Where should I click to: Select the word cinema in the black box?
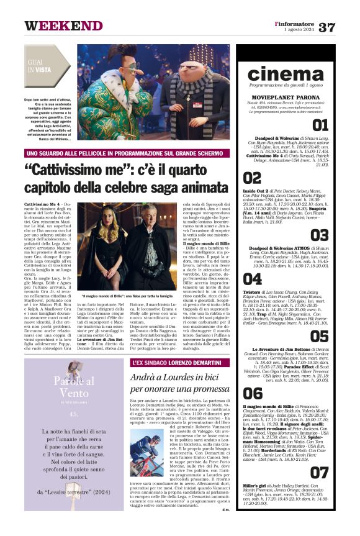coord(285,74)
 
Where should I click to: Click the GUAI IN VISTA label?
coord(39,66)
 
